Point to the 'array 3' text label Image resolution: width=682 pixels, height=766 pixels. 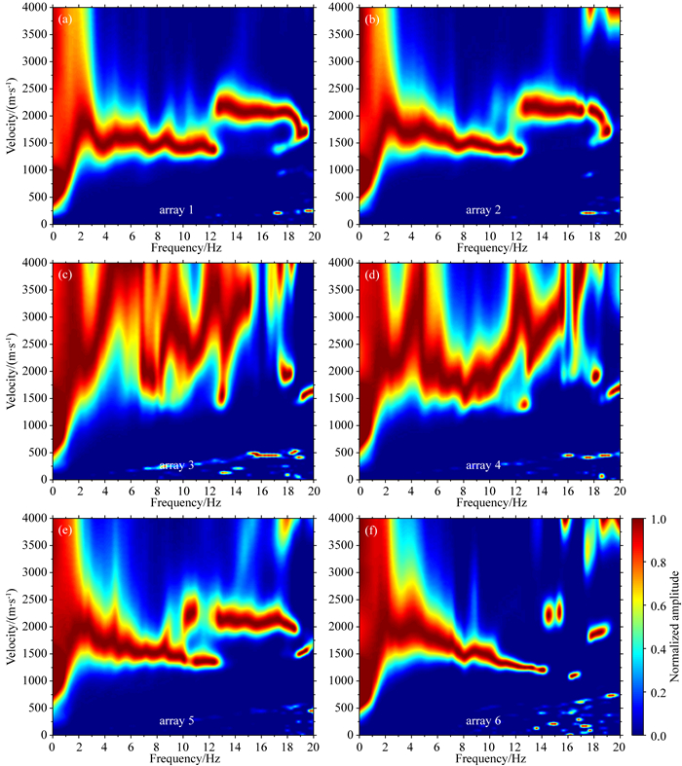[x=180, y=465]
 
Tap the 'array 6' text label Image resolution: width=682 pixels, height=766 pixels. [x=486, y=721]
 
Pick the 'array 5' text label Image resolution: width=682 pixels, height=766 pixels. [x=180, y=721]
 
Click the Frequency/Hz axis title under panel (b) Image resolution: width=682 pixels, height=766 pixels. [x=488, y=246]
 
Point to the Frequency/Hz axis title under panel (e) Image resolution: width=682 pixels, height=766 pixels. [x=182, y=758]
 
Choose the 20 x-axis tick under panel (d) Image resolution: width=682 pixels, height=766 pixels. [x=618, y=492]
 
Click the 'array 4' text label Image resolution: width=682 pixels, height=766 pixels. [x=486, y=465]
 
